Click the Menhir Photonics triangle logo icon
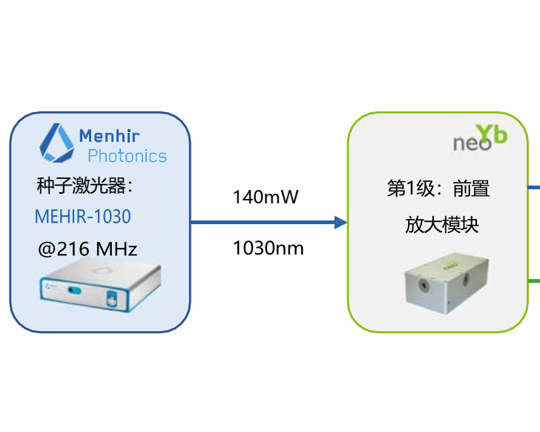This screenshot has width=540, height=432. pyautogui.click(x=56, y=143)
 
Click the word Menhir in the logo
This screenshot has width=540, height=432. pyautogui.click(x=109, y=136)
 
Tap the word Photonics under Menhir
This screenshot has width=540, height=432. pyautogui.click(x=127, y=156)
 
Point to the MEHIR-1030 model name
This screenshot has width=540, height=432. pyautogui.click(x=82, y=216)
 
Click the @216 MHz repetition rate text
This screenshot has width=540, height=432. pyautogui.click(x=87, y=248)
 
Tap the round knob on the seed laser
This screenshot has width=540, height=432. pyautogui.click(x=111, y=301)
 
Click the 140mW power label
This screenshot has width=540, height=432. pyautogui.click(x=266, y=197)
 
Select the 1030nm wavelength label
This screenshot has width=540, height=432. pyautogui.click(x=268, y=248)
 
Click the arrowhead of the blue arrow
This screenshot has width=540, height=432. pyautogui.click(x=340, y=222)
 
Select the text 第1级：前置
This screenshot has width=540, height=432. pyautogui.click(x=438, y=189)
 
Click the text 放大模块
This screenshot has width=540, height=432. pyautogui.click(x=441, y=224)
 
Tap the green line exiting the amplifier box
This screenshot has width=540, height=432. pyautogui.click(x=533, y=280)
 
